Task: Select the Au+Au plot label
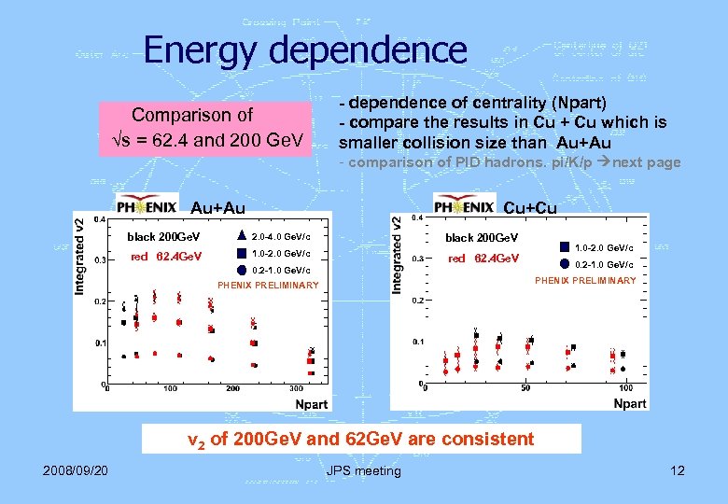[218, 206]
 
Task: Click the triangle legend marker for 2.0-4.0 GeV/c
[241, 236]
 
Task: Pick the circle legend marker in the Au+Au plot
[241, 270]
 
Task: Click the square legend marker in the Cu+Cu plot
[566, 247]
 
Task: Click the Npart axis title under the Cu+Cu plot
[629, 403]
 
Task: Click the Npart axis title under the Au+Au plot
[312, 403]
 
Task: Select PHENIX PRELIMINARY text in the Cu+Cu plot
[584, 280]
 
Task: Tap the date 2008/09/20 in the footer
[75, 469]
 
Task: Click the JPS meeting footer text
[363, 470]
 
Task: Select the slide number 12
[677, 469]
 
